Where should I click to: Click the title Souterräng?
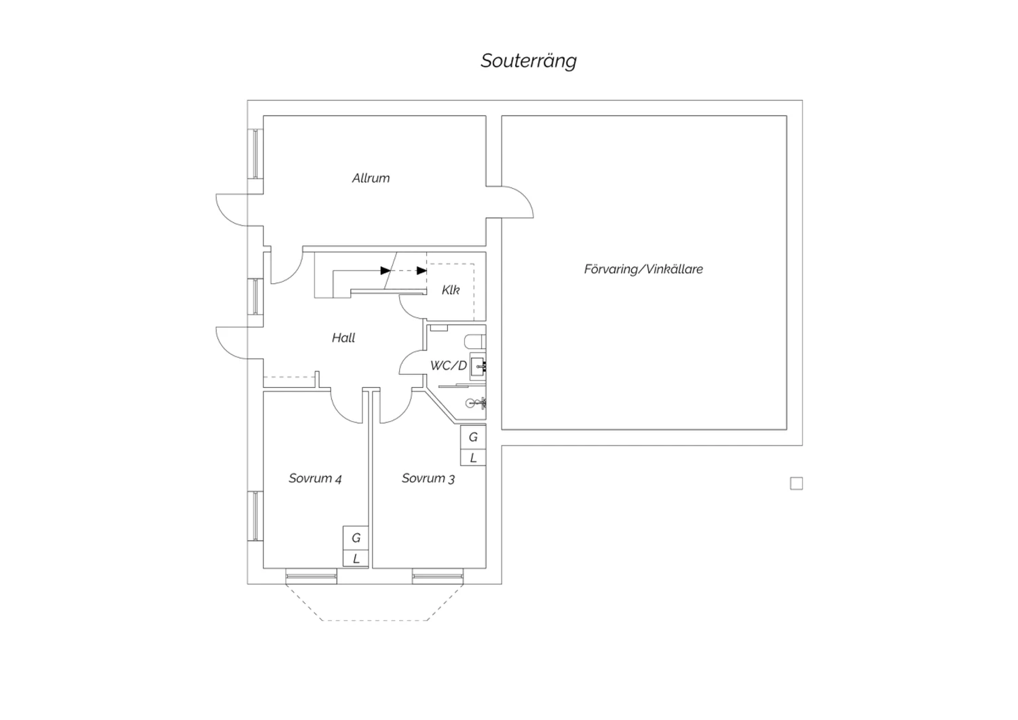(x=529, y=61)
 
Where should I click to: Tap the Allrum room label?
(x=371, y=178)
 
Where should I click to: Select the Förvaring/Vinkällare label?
(x=643, y=269)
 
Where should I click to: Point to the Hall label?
(x=343, y=338)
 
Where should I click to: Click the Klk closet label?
(x=451, y=290)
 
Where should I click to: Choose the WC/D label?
(x=448, y=365)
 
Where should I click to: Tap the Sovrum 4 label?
(x=315, y=478)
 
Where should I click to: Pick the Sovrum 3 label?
(x=428, y=478)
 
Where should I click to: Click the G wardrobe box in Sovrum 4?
(x=356, y=537)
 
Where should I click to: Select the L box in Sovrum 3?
(x=473, y=458)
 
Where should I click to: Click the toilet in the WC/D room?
(x=475, y=342)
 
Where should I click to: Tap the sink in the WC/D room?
(x=478, y=365)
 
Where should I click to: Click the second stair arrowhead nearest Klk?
(x=421, y=270)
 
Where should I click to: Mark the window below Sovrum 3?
(x=438, y=576)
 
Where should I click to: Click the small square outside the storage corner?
(x=796, y=484)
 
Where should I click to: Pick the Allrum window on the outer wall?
(x=255, y=154)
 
